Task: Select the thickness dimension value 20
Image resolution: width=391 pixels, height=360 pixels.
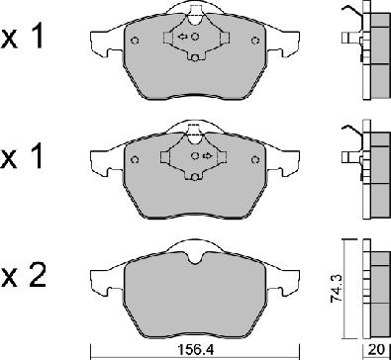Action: coord(378,349)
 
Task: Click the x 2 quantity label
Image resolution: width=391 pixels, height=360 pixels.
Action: coord(23,276)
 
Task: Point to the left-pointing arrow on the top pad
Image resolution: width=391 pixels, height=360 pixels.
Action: coord(182,37)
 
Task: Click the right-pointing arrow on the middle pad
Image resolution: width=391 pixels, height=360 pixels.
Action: coord(208,155)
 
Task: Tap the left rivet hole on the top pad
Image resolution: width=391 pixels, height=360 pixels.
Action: coord(135,41)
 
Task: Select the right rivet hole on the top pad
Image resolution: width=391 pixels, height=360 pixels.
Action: coord(254,41)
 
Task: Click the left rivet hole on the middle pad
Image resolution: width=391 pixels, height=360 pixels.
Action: coord(135,160)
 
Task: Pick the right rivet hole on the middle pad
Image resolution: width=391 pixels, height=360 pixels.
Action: coord(254,160)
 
